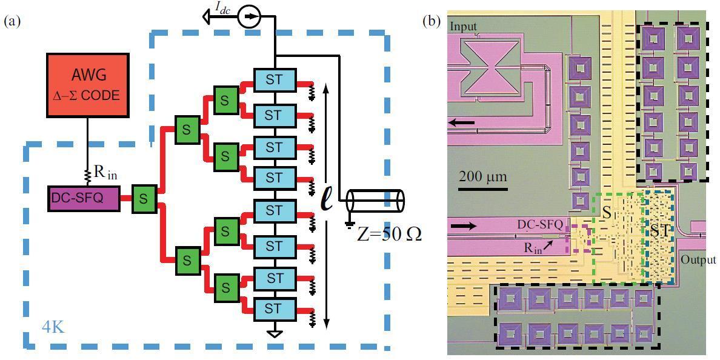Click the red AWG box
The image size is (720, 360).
tap(87, 84)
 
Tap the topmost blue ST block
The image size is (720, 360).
tap(274, 79)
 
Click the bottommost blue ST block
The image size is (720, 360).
tap(274, 308)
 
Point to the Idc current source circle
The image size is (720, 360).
tap(248, 18)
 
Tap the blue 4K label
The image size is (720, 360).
tap(53, 327)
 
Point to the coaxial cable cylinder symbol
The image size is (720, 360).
tap(376, 201)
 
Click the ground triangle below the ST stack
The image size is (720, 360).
tap(275, 333)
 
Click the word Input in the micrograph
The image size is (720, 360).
tap(463, 25)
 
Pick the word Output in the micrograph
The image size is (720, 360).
tap(699, 260)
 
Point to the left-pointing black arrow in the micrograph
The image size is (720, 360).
tap(462, 123)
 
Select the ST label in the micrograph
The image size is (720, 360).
tap(659, 230)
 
